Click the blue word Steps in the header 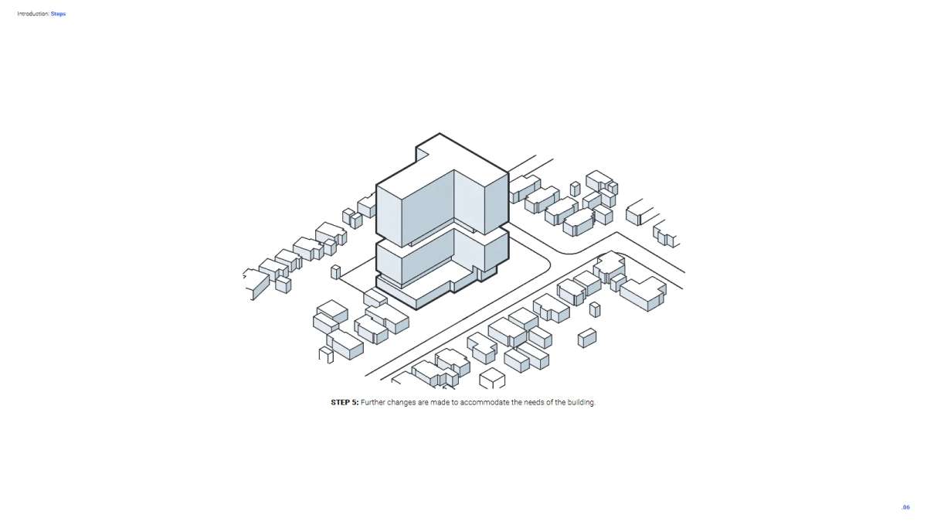[x=58, y=14]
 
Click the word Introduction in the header [x=33, y=14]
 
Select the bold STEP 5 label [x=345, y=402]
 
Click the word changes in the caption [x=402, y=403]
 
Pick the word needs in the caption [x=534, y=402]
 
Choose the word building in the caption [x=581, y=403]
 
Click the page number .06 [x=906, y=507]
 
